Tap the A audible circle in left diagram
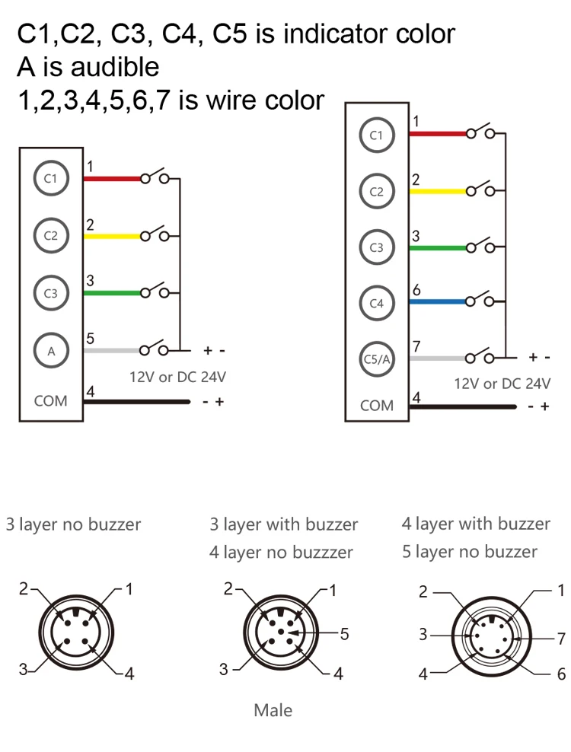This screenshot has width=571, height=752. (x=50, y=351)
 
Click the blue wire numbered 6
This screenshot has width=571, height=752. (x=438, y=301)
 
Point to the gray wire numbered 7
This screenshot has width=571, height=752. (x=438, y=357)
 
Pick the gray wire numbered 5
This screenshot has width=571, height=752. (x=111, y=351)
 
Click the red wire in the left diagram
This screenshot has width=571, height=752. (x=111, y=180)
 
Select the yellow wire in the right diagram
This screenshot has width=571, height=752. (x=438, y=190)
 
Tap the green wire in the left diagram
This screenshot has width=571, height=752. (x=111, y=293)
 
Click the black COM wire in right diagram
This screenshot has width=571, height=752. (x=464, y=407)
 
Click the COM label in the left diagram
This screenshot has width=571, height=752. (x=50, y=400)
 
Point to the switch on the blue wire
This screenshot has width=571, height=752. (x=480, y=299)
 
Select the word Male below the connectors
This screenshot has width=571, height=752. (x=273, y=710)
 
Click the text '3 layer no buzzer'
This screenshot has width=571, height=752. (x=73, y=524)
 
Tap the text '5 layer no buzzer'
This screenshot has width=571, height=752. (x=470, y=551)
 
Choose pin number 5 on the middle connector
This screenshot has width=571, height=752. (x=345, y=633)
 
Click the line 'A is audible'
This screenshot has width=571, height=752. (x=88, y=67)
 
